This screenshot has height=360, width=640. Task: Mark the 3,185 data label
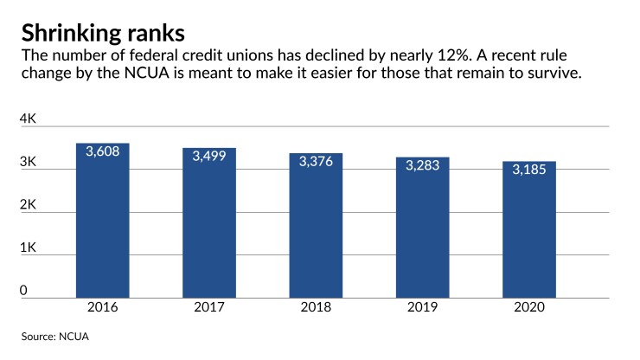point(528,170)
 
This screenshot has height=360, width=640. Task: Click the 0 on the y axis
point(24,291)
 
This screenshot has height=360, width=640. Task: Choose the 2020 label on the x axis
point(528,308)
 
